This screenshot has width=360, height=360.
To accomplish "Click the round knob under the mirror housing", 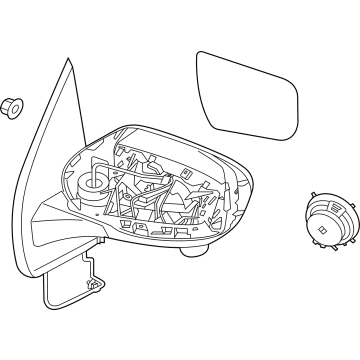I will click(x=188, y=250).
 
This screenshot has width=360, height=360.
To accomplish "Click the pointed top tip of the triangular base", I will click(x=70, y=61).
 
